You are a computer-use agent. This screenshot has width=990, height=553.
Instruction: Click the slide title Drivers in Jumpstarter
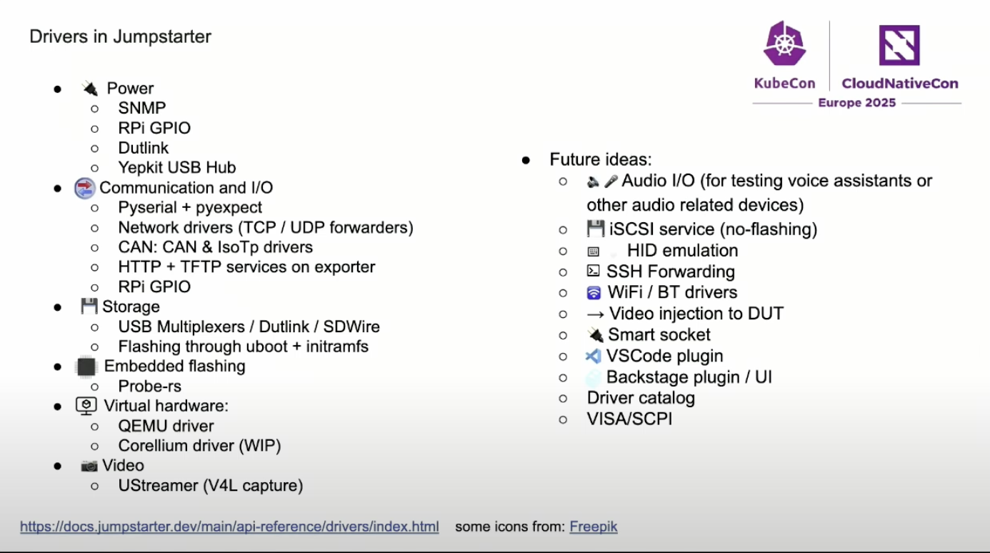(x=120, y=36)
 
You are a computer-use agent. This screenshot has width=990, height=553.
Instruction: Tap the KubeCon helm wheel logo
(x=784, y=44)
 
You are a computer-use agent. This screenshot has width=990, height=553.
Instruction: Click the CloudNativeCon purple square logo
(x=899, y=45)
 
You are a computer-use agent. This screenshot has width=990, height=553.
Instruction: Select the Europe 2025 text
(x=856, y=103)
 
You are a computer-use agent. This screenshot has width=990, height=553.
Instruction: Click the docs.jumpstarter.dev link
(x=229, y=527)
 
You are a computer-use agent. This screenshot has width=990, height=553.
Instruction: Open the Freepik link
(x=593, y=527)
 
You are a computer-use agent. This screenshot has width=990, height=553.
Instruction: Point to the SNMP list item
(x=142, y=109)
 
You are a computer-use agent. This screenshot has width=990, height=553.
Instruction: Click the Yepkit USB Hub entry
(x=177, y=168)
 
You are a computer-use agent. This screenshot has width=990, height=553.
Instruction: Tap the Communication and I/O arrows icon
(x=85, y=188)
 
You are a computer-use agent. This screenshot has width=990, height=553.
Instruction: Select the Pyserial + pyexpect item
(x=190, y=208)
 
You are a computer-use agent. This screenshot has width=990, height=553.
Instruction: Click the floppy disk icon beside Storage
(x=89, y=307)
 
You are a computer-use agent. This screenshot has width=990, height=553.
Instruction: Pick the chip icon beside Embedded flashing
(x=86, y=367)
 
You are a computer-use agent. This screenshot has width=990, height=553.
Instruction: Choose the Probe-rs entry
(x=150, y=387)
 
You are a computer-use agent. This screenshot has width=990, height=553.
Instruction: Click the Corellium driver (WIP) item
(x=199, y=446)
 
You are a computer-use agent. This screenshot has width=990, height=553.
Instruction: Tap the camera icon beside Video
(x=89, y=466)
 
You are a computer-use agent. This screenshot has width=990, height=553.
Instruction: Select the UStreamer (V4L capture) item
(x=211, y=486)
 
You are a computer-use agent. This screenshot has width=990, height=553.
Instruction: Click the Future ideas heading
(x=600, y=160)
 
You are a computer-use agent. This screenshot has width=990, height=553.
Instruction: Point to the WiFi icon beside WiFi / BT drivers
(x=594, y=293)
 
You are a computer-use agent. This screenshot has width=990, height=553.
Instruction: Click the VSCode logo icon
(x=593, y=356)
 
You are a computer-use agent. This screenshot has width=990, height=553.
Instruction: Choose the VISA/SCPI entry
(x=629, y=419)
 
